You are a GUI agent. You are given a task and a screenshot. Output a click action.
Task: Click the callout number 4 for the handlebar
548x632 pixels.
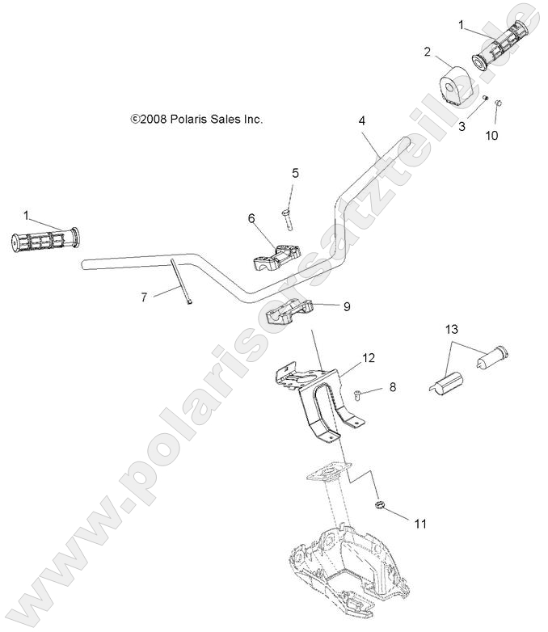pyautogui.click(x=362, y=120)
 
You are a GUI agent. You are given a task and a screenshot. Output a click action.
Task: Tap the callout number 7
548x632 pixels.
pyautogui.click(x=144, y=297)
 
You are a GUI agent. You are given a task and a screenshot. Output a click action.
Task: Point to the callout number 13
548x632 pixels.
pyautogui.click(x=451, y=329)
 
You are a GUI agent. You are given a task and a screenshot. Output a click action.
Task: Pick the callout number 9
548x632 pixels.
pyautogui.click(x=347, y=306)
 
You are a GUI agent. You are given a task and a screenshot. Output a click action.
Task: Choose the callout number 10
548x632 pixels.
pyautogui.click(x=492, y=135)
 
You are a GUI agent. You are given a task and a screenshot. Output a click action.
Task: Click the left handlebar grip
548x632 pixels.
pyautogui.click(x=44, y=240)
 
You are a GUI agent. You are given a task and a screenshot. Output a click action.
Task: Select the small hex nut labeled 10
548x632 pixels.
pyautogui.click(x=498, y=103)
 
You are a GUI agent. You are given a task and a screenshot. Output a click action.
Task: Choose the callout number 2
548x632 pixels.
pyautogui.click(x=426, y=52)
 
